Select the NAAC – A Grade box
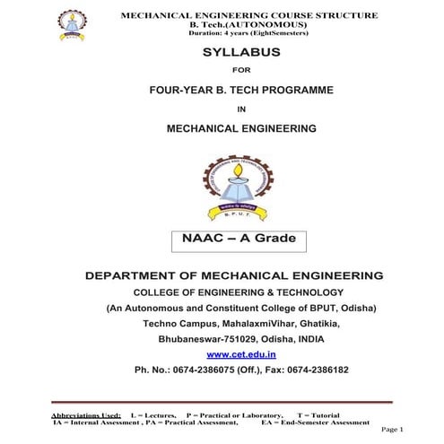[233, 240]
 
